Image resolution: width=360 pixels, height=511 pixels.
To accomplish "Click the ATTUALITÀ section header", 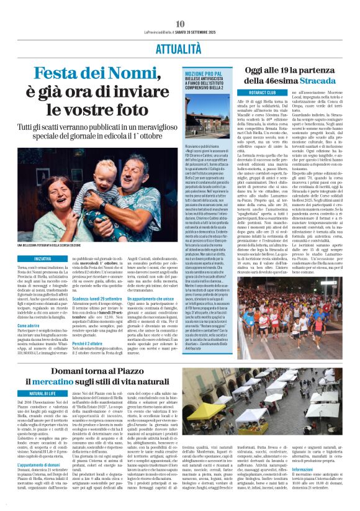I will tap(180, 47).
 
